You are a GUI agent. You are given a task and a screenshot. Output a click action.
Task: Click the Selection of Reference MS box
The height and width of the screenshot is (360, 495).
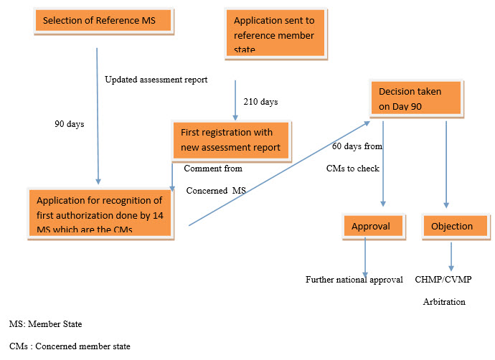click(104, 20)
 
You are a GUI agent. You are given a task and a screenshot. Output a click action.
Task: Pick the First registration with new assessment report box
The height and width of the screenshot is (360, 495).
click(232, 141)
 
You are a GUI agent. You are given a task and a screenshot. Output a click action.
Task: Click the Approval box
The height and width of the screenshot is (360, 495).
click(371, 226)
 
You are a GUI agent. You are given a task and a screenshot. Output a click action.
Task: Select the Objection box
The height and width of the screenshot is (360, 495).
click(453, 226)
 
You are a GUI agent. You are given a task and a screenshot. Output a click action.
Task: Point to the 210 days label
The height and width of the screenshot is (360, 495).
click(260, 102)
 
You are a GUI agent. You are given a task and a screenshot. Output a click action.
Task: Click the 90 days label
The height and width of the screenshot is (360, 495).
click(70, 123)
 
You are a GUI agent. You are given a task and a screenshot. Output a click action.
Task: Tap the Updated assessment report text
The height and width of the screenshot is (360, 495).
click(156, 80)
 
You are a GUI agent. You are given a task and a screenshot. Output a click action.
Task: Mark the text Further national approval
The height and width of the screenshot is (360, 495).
click(354, 279)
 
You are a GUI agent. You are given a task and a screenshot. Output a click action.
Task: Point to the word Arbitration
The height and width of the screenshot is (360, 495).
click(443, 302)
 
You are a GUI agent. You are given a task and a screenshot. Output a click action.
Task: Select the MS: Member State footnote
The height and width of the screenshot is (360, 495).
click(45, 324)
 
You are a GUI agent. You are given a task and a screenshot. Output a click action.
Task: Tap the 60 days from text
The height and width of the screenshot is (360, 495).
click(357, 146)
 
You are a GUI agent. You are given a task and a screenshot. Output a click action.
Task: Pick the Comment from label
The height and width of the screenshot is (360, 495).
click(213, 169)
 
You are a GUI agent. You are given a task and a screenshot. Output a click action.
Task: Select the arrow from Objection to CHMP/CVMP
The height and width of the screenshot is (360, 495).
click(452, 255)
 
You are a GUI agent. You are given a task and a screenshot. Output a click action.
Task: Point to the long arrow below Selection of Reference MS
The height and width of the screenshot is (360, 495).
click(98, 115)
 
